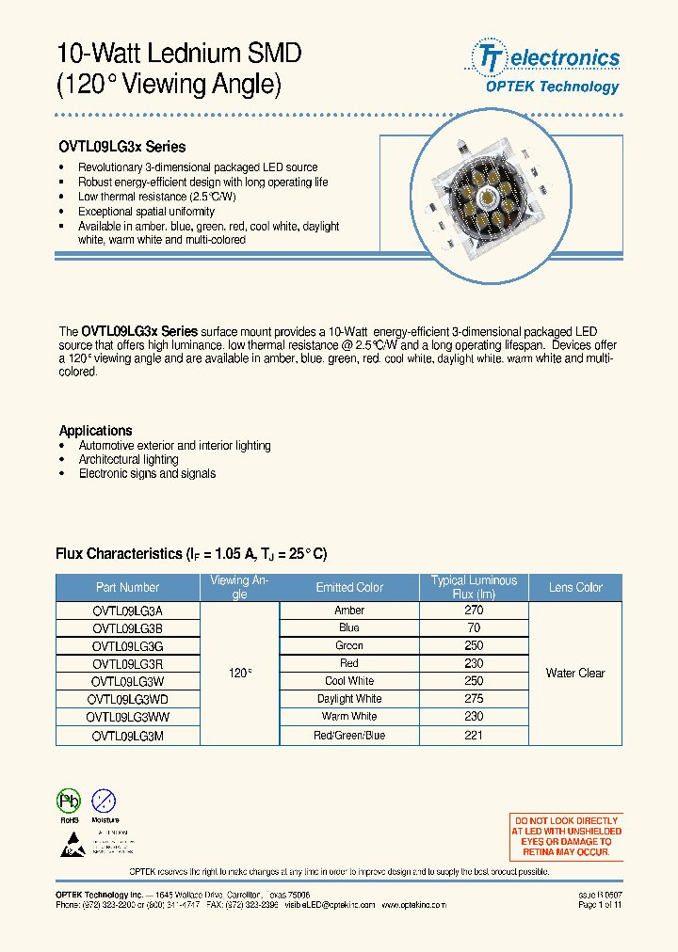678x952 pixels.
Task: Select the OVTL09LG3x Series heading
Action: click(x=122, y=147)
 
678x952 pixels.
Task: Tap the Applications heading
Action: click(x=95, y=430)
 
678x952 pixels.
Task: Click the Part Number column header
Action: click(x=128, y=587)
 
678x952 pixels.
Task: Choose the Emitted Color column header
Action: click(x=349, y=587)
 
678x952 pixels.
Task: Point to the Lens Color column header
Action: click(x=575, y=587)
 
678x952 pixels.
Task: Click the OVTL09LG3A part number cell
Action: click(x=128, y=611)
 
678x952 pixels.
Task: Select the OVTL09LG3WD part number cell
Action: click(x=128, y=699)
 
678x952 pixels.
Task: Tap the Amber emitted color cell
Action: click(x=349, y=611)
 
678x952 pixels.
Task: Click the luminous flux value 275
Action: click(x=474, y=699)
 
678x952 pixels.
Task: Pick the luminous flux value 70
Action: click(x=474, y=627)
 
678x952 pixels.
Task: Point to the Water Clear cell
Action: click(x=575, y=673)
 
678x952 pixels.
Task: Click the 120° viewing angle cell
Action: click(x=240, y=674)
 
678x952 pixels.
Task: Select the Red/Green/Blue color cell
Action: click(x=349, y=735)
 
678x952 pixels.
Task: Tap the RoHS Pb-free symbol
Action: click(x=70, y=801)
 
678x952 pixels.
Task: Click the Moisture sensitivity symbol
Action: click(x=105, y=801)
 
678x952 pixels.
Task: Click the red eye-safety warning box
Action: click(x=566, y=836)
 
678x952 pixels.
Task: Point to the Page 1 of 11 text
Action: click(x=599, y=904)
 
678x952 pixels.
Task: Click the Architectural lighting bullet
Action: click(x=128, y=459)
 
